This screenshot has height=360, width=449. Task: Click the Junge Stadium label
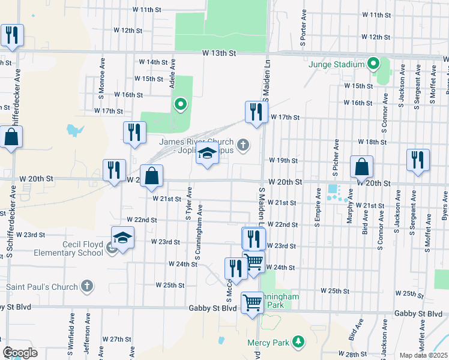(x=337, y=64)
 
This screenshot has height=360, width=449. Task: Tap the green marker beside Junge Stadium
(x=373, y=63)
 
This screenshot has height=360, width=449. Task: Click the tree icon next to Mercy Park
(x=298, y=343)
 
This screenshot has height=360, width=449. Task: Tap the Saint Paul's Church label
(x=42, y=286)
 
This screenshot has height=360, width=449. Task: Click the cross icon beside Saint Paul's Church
(x=86, y=286)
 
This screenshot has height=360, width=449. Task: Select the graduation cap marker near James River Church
(x=207, y=155)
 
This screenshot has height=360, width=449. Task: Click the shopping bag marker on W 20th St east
(x=361, y=166)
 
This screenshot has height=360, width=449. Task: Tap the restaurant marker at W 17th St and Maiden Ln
(x=256, y=112)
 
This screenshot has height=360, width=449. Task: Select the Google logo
(x=20, y=353)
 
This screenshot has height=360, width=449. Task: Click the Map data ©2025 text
(x=423, y=355)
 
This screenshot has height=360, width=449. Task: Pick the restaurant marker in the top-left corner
(x=11, y=35)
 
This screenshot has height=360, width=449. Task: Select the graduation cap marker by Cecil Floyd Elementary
(x=122, y=238)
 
